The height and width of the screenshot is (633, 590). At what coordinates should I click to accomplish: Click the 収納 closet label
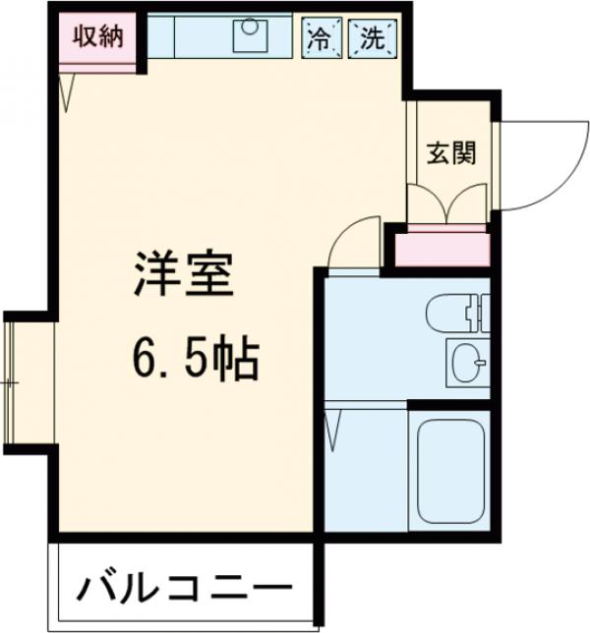pyautogui.click(x=97, y=38)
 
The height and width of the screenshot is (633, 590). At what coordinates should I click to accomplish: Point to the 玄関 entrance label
pyautogui.click(x=449, y=154)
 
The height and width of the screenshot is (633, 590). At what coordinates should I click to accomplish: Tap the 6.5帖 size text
pyautogui.click(x=193, y=362)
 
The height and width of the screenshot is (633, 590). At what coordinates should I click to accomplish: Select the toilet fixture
pyautogui.click(x=456, y=315)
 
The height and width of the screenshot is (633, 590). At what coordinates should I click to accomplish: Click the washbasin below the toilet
pyautogui.click(x=465, y=363)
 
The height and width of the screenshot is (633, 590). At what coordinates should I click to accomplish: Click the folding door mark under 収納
pyautogui.click(x=68, y=93)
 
